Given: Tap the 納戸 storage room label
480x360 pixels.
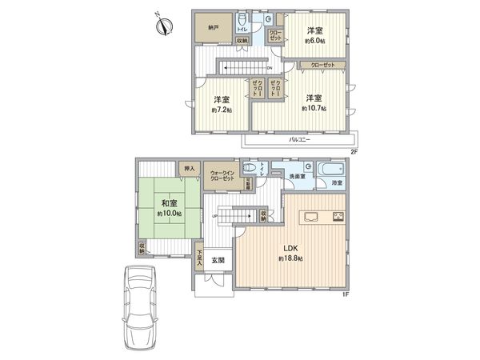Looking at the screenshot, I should pyautogui.click(x=213, y=26).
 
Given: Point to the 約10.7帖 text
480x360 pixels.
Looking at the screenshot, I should pyautogui.click(x=314, y=108).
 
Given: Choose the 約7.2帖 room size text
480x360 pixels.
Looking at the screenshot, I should pyautogui.click(x=222, y=110).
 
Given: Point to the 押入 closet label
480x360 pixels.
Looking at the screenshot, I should pyautogui.click(x=189, y=169).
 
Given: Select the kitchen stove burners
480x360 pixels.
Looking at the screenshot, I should pyautogui.click(x=338, y=216).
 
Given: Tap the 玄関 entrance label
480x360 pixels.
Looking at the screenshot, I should pyautogui.click(x=218, y=261).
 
